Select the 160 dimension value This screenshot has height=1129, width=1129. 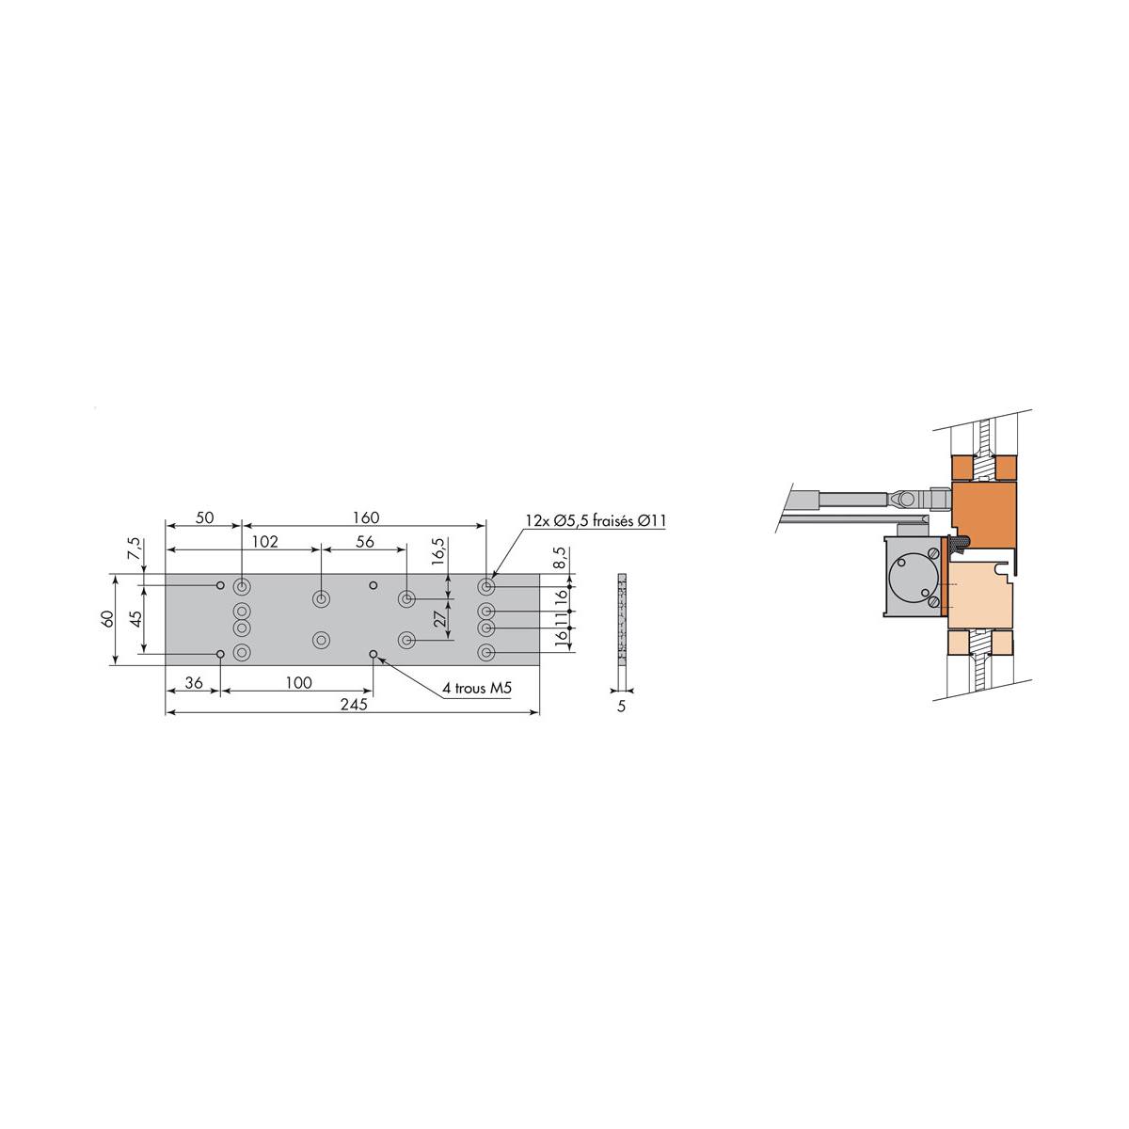pyautogui.click(x=365, y=517)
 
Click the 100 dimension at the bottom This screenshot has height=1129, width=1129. pyautogui.click(x=297, y=683)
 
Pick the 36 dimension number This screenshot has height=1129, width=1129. pyautogui.click(x=193, y=683)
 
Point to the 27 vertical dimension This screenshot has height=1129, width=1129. pyautogui.click(x=438, y=619)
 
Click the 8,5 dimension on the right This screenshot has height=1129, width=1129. pyautogui.click(x=561, y=558)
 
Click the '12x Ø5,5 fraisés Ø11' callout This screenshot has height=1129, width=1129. pyautogui.click(x=595, y=520)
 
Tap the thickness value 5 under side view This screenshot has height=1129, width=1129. pyautogui.click(x=621, y=705)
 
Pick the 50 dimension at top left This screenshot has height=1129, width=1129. pyautogui.click(x=204, y=517)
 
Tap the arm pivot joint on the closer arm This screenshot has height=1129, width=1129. pyautogui.click(x=904, y=496)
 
